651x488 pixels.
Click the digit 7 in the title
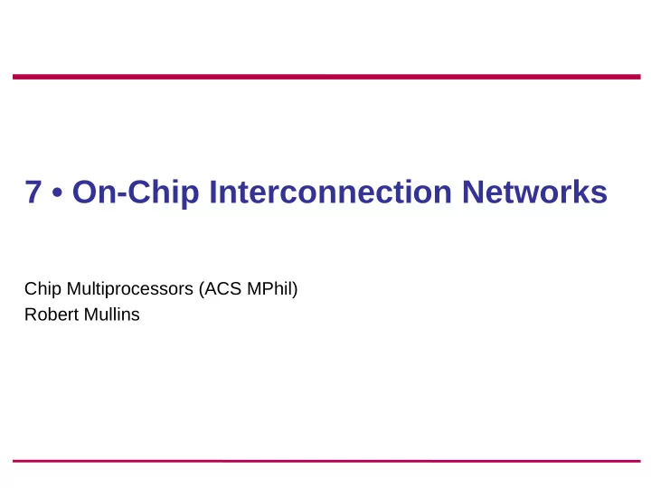(x=33, y=192)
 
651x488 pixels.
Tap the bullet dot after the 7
(x=58, y=192)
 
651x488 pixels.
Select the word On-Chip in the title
(x=136, y=192)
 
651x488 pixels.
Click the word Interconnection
(x=331, y=192)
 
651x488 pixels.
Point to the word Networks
(x=534, y=192)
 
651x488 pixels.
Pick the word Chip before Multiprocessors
(x=42, y=289)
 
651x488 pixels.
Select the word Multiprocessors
(x=130, y=289)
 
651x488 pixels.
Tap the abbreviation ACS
(x=223, y=289)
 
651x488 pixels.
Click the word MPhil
(x=269, y=288)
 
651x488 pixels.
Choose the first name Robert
(x=52, y=314)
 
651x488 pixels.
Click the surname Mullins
(x=112, y=314)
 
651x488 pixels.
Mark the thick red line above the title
(x=326, y=77)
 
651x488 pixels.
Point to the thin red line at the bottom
(x=326, y=461)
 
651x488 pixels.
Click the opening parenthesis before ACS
(x=202, y=289)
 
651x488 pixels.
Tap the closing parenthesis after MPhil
(x=295, y=289)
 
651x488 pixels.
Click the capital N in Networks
(x=473, y=192)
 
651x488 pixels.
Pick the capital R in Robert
(x=31, y=314)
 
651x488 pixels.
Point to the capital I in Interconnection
(x=212, y=192)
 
